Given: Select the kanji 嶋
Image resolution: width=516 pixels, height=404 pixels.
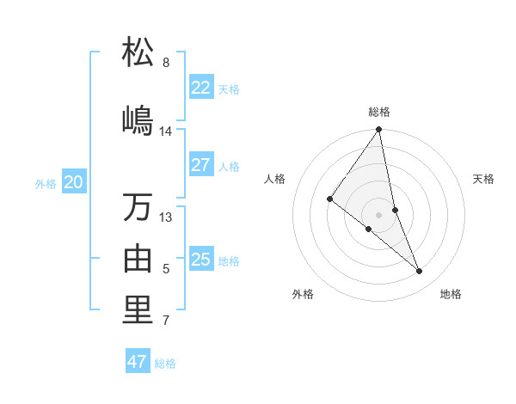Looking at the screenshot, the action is click(x=138, y=119).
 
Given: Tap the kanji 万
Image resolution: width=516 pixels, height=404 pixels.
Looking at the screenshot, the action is click(x=138, y=207).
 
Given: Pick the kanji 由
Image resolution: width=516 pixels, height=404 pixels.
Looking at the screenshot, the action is click(x=138, y=259).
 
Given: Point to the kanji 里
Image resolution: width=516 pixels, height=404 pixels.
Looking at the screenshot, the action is click(x=138, y=311).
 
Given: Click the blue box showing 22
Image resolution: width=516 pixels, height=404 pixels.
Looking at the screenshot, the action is click(x=200, y=88).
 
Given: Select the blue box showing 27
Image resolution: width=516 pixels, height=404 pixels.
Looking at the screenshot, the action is click(x=200, y=165).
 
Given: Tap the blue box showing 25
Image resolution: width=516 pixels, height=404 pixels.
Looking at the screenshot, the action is click(x=200, y=260).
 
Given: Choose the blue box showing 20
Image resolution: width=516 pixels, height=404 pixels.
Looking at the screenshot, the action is click(x=74, y=182).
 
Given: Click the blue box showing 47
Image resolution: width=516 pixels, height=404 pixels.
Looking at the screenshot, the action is click(x=138, y=362).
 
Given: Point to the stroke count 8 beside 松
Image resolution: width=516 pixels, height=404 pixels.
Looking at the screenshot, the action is click(x=166, y=63).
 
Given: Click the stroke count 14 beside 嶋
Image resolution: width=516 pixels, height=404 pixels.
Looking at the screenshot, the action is click(x=166, y=132).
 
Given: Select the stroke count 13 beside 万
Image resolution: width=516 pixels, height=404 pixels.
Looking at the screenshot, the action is click(x=166, y=217).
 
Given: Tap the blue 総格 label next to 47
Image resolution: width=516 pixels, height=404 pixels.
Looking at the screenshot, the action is click(x=166, y=364).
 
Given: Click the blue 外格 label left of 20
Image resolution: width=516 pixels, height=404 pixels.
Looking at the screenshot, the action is click(x=46, y=183).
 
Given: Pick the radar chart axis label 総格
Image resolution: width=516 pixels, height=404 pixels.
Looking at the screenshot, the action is click(x=379, y=112).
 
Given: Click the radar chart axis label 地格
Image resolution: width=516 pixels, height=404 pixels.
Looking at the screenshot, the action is click(x=451, y=294).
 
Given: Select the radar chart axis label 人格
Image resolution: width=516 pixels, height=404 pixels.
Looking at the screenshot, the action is click(x=275, y=179).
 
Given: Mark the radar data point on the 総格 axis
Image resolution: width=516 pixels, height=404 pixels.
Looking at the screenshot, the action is click(x=379, y=130).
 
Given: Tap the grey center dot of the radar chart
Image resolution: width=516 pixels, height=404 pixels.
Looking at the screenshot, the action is click(x=379, y=214).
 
